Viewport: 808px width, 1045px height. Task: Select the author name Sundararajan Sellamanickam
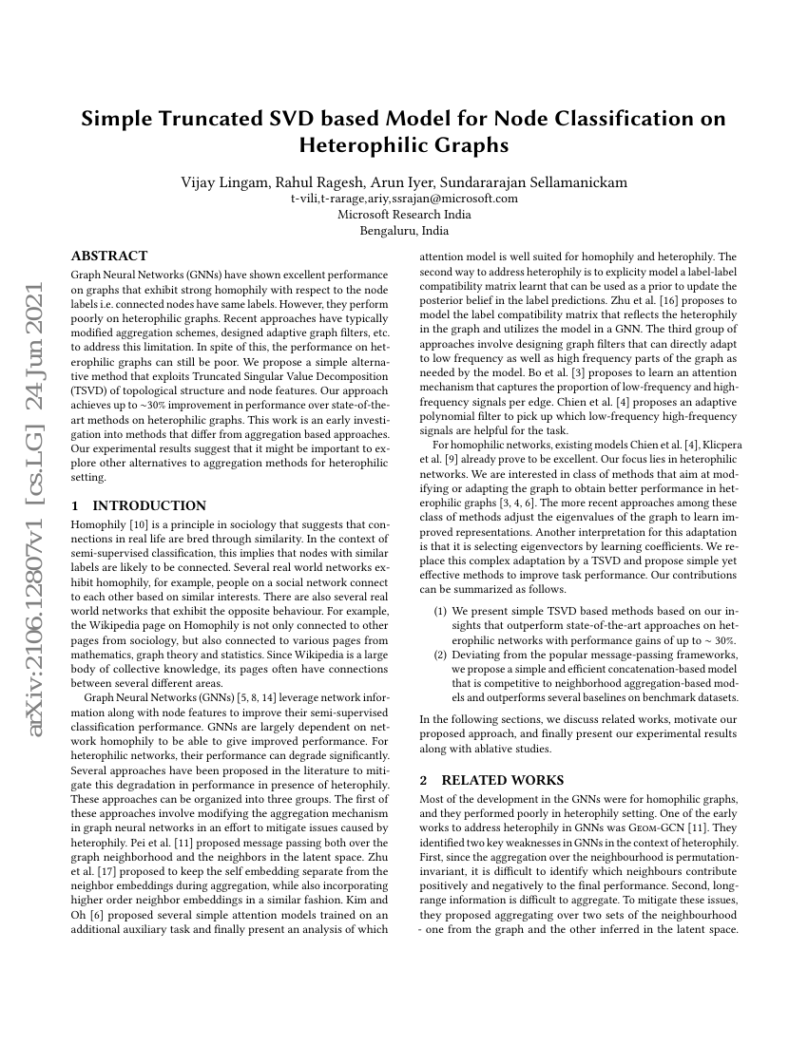click(x=546, y=182)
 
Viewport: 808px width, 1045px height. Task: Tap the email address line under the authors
click(x=404, y=199)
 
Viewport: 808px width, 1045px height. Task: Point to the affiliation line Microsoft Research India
click(x=404, y=215)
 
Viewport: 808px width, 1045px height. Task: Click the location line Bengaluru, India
click(x=404, y=230)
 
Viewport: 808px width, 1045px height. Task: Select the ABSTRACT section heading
click(x=109, y=256)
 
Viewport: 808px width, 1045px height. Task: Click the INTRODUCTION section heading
click(x=149, y=505)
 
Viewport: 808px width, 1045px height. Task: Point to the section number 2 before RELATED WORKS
click(x=424, y=780)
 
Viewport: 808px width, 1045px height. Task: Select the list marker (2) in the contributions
click(x=440, y=655)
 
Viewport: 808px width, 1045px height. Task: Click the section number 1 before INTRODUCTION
click(x=76, y=505)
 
